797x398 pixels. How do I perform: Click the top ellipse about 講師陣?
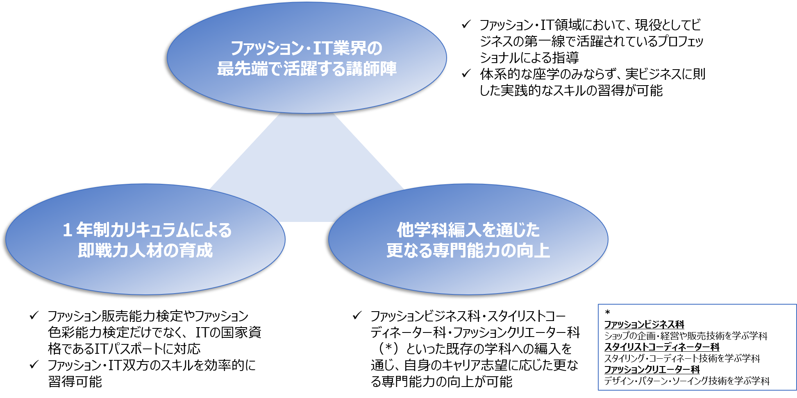coord(307,58)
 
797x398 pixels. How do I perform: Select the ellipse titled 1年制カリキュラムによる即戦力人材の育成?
coord(145,240)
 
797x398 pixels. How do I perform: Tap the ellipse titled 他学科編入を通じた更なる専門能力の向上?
coord(468,240)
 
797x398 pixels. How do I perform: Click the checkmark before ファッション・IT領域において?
coord(466,25)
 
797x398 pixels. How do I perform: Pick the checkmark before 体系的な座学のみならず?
coord(466,74)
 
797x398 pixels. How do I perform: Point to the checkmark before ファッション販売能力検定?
coord(34,316)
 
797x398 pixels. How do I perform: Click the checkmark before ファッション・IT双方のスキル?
coord(34,365)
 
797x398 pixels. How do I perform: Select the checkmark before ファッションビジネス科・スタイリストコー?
coord(357,316)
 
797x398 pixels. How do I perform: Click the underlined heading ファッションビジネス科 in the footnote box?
coord(644,325)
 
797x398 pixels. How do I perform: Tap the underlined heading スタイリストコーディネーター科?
coord(662,347)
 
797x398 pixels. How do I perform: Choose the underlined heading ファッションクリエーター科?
coord(652,370)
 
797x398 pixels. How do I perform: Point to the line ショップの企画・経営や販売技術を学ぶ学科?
coord(686,336)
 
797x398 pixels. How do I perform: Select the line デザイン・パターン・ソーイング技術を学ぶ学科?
coord(687,381)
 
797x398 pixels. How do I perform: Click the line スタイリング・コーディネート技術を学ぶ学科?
coord(682,359)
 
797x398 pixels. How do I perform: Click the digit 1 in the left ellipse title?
coord(68,230)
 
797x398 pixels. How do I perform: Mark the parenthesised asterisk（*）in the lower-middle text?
coord(388,349)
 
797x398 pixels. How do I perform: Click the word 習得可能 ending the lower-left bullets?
coord(75,382)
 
